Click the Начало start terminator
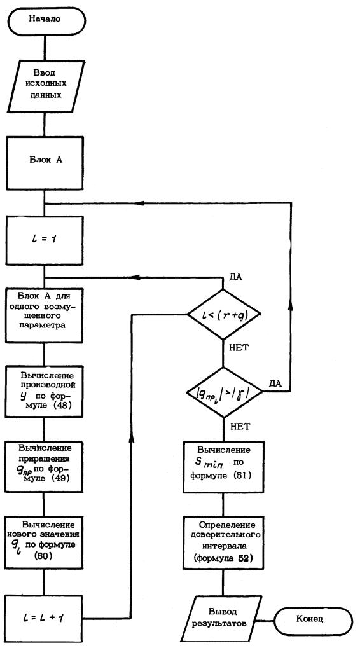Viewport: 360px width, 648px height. [45, 20]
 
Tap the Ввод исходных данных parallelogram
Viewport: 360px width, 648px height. [45, 86]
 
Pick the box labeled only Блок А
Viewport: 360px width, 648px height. [45, 160]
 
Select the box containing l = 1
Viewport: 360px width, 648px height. [45, 240]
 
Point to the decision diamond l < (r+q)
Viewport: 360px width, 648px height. [224, 314]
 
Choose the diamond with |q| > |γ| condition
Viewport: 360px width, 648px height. [224, 391]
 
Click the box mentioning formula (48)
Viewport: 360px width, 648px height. [45, 391]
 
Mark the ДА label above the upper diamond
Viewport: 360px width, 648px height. [235, 277]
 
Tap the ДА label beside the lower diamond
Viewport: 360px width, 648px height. [275, 383]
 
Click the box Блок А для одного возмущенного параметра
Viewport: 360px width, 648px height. [45, 315]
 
